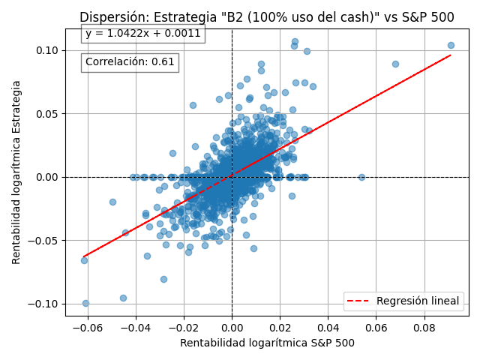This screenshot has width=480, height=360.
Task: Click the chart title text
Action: [266, 17]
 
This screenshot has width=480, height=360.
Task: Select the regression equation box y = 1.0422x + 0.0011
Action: [142, 33]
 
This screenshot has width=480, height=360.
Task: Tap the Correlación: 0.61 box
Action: [130, 62]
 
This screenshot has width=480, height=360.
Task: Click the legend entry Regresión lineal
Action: [418, 301]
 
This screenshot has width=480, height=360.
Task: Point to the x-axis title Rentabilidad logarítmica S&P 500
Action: [267, 343]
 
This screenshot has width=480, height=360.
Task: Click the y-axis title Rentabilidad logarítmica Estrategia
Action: [16, 172]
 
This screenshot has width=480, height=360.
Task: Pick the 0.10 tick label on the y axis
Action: [46, 50]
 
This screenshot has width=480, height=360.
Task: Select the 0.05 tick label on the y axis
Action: [46, 114]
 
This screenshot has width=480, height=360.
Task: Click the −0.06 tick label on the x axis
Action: [88, 327]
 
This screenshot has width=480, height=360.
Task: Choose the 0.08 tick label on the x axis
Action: [424, 327]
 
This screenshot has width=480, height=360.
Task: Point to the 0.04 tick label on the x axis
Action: [328, 327]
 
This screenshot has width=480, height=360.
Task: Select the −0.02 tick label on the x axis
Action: [184, 327]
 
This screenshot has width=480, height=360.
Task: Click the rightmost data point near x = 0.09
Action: [451, 45]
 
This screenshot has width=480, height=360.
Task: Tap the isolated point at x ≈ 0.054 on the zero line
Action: [361, 177]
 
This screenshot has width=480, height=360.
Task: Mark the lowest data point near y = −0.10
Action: [85, 303]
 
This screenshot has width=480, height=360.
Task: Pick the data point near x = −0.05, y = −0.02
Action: [112, 202]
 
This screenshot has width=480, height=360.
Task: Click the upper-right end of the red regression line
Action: [450, 55]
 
